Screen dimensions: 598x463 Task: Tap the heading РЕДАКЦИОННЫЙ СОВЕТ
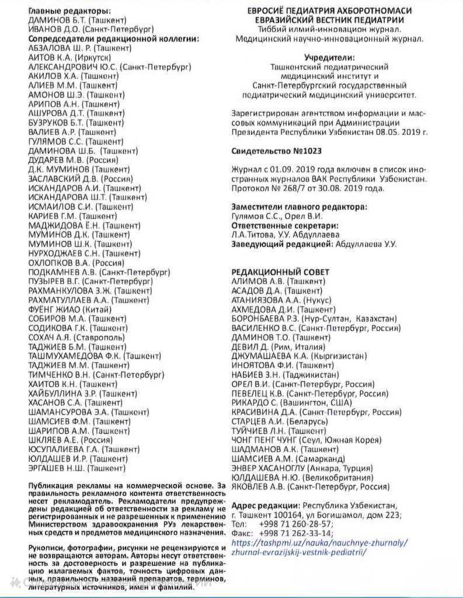coord(280,272)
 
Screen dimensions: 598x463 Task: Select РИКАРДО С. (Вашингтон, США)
coord(291,403)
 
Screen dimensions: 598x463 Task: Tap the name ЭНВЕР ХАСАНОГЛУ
coord(270,468)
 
